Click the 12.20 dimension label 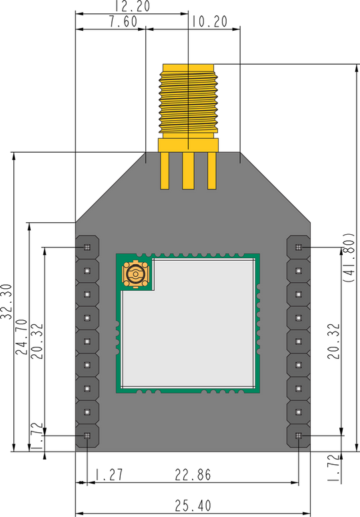tap(133, 6)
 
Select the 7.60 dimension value tap(123, 22)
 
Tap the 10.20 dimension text tap(209, 22)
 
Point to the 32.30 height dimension tap(7, 302)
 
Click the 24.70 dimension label tap(22, 337)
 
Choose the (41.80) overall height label tap(349, 257)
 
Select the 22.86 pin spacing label tap(193, 475)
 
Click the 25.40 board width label tap(193, 506)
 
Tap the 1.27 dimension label tap(109, 475)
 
